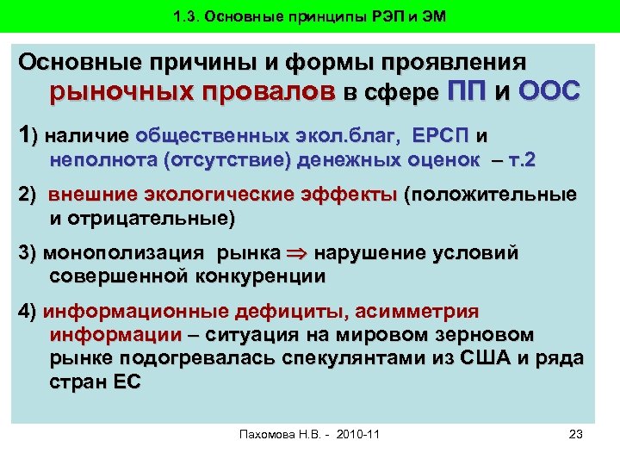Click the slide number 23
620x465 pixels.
click(x=577, y=433)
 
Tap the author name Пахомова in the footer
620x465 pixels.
click(x=268, y=433)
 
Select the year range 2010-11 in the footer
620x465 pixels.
click(x=353, y=433)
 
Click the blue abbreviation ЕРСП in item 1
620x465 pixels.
click(x=442, y=136)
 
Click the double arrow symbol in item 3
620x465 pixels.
click(x=296, y=254)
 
